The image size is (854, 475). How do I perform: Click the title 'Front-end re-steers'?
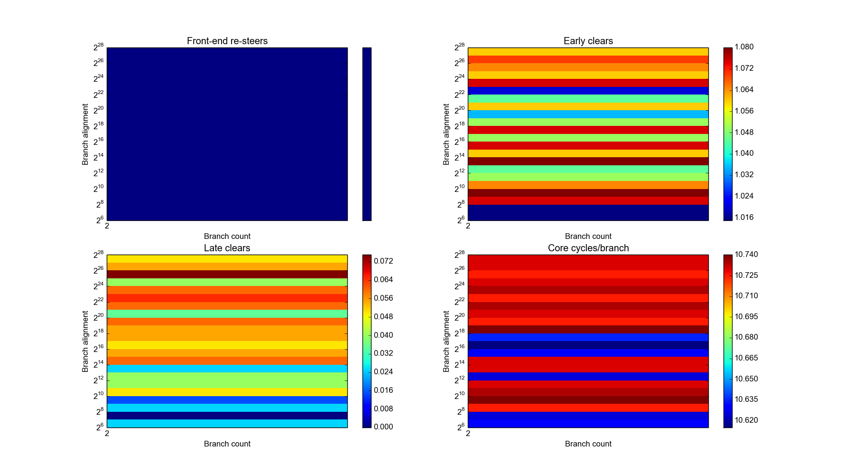point(227,41)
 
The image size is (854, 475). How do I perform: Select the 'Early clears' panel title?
point(588,41)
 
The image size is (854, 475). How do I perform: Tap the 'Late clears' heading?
point(227,248)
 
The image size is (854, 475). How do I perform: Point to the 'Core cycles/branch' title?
point(588,248)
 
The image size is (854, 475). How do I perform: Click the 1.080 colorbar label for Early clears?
point(744,47)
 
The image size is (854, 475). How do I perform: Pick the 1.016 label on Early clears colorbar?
point(744,217)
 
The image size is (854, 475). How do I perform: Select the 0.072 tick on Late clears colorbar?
point(383,261)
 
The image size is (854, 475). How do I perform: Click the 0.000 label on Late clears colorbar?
point(383,427)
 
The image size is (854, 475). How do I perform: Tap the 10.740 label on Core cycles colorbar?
point(746,254)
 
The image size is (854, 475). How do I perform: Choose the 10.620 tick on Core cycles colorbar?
point(746,420)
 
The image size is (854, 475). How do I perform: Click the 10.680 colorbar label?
point(746,337)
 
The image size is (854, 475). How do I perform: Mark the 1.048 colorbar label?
point(744,132)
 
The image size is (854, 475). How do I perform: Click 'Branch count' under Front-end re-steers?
point(227,236)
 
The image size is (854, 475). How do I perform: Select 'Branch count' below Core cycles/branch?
point(588,444)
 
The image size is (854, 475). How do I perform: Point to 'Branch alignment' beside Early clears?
point(446,134)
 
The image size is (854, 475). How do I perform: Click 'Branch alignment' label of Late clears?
point(85,342)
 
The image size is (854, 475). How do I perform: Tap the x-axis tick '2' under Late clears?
point(107,433)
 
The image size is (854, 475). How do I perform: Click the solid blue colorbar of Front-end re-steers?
point(367,134)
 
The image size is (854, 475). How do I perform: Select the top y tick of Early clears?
point(460,47)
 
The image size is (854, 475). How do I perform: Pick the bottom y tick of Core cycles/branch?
point(460,427)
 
